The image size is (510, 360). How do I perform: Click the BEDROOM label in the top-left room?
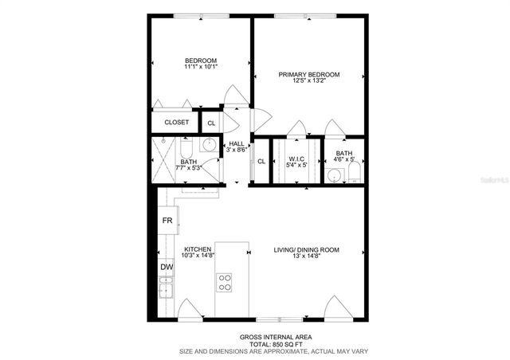click(x=201, y=61)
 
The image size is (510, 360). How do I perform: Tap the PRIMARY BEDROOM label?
click(x=308, y=75)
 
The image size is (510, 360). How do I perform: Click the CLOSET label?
click(x=176, y=123)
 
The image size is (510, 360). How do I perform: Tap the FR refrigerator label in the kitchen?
click(x=167, y=220)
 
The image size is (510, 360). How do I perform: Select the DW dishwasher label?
click(x=167, y=268)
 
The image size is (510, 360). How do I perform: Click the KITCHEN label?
click(x=196, y=249)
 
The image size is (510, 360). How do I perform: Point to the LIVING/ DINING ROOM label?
click(x=308, y=249)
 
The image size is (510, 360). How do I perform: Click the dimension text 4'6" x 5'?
click(x=344, y=160)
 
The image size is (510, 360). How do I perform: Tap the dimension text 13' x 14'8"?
click(x=308, y=256)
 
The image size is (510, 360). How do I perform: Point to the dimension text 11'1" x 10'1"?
click(x=201, y=68)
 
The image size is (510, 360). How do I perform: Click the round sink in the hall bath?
click(x=209, y=145)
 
